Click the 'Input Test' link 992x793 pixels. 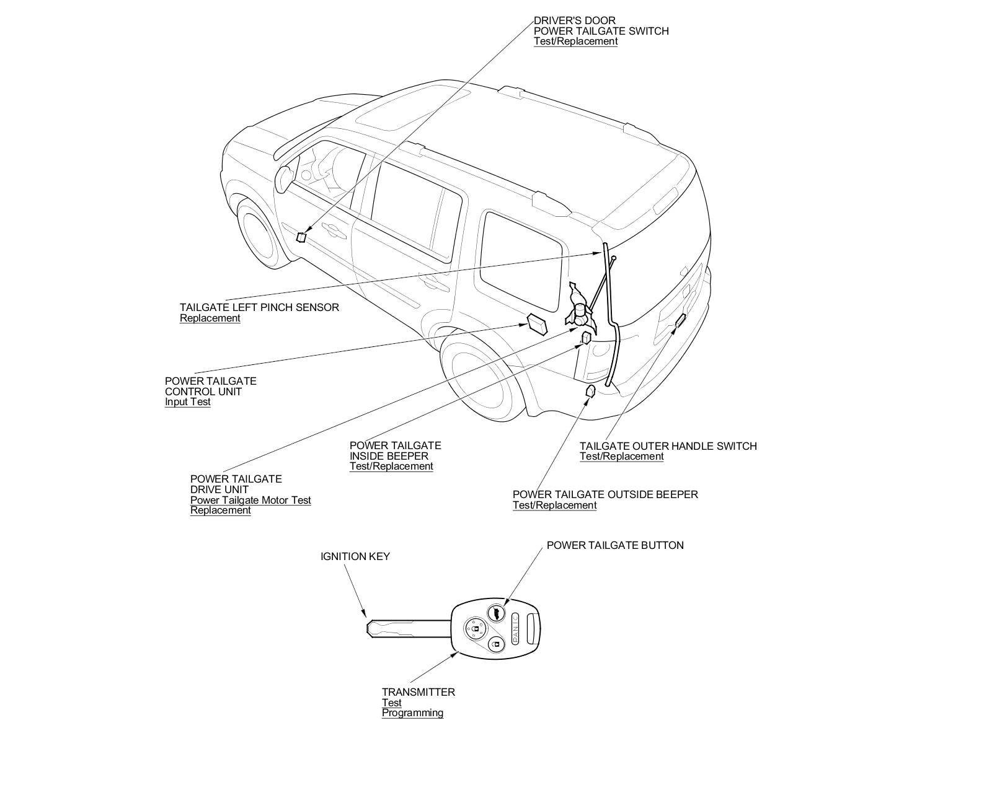click(x=187, y=401)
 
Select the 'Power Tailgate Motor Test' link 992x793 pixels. click(x=250, y=500)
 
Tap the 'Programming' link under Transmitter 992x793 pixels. click(x=412, y=712)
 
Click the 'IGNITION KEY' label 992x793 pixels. click(x=355, y=556)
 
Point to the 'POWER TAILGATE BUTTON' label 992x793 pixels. click(x=615, y=545)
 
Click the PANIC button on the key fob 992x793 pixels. click(x=515, y=628)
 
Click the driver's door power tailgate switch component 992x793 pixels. click(x=301, y=237)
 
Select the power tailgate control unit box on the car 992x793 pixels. click(x=537, y=323)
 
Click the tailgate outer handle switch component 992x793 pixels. click(x=680, y=320)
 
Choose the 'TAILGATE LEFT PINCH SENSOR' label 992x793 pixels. click(x=259, y=307)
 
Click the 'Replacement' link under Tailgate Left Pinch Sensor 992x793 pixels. click(x=210, y=318)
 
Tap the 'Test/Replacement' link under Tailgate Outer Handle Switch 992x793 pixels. click(x=621, y=456)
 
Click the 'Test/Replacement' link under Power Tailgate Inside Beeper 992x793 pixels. click(x=391, y=466)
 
